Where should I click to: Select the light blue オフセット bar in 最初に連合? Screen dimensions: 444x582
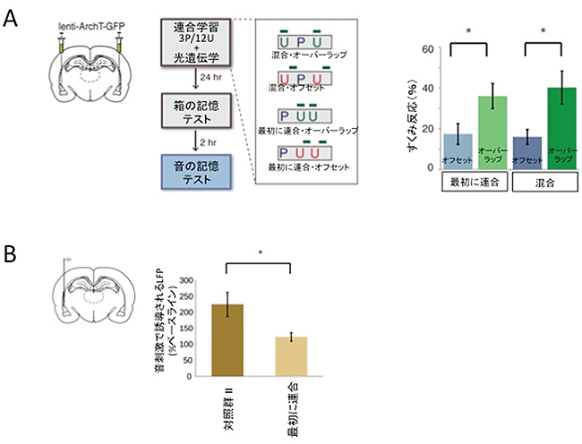[x=463, y=151]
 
